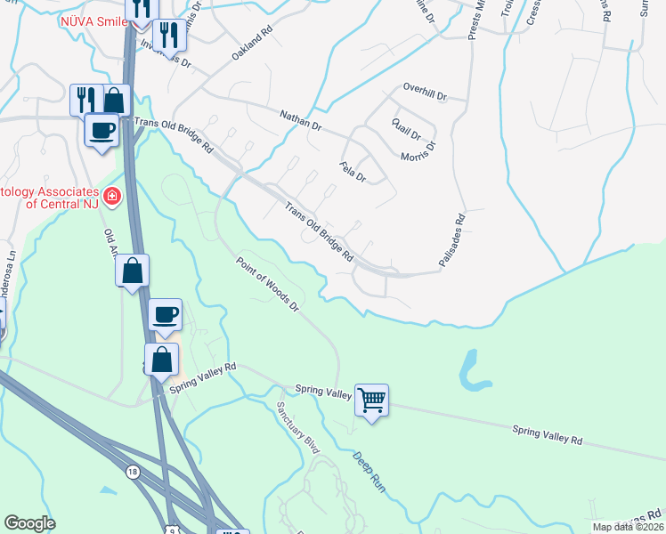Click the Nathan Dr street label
click(x=300, y=120)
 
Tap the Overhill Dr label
click(x=422, y=90)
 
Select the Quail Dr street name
click(x=407, y=129)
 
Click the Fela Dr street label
click(x=353, y=172)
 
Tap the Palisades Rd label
click(x=452, y=239)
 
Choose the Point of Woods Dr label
click(x=267, y=285)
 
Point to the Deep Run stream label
click(x=368, y=473)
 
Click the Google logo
click(x=29, y=523)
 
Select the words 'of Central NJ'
click(x=60, y=203)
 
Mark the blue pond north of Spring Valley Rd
click(x=472, y=372)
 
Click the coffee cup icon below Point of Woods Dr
click(x=166, y=314)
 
